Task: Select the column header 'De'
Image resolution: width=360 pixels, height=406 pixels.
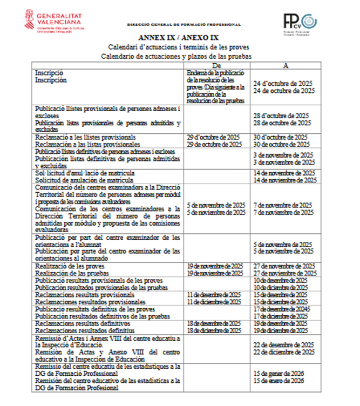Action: [216, 65]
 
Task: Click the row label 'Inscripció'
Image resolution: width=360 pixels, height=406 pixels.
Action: [49, 72]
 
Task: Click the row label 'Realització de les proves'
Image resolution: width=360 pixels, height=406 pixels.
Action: [70, 266]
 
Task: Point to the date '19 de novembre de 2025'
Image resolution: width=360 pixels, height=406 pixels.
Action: [214, 266]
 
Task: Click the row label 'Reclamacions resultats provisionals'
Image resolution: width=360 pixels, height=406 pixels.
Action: [85, 295]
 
